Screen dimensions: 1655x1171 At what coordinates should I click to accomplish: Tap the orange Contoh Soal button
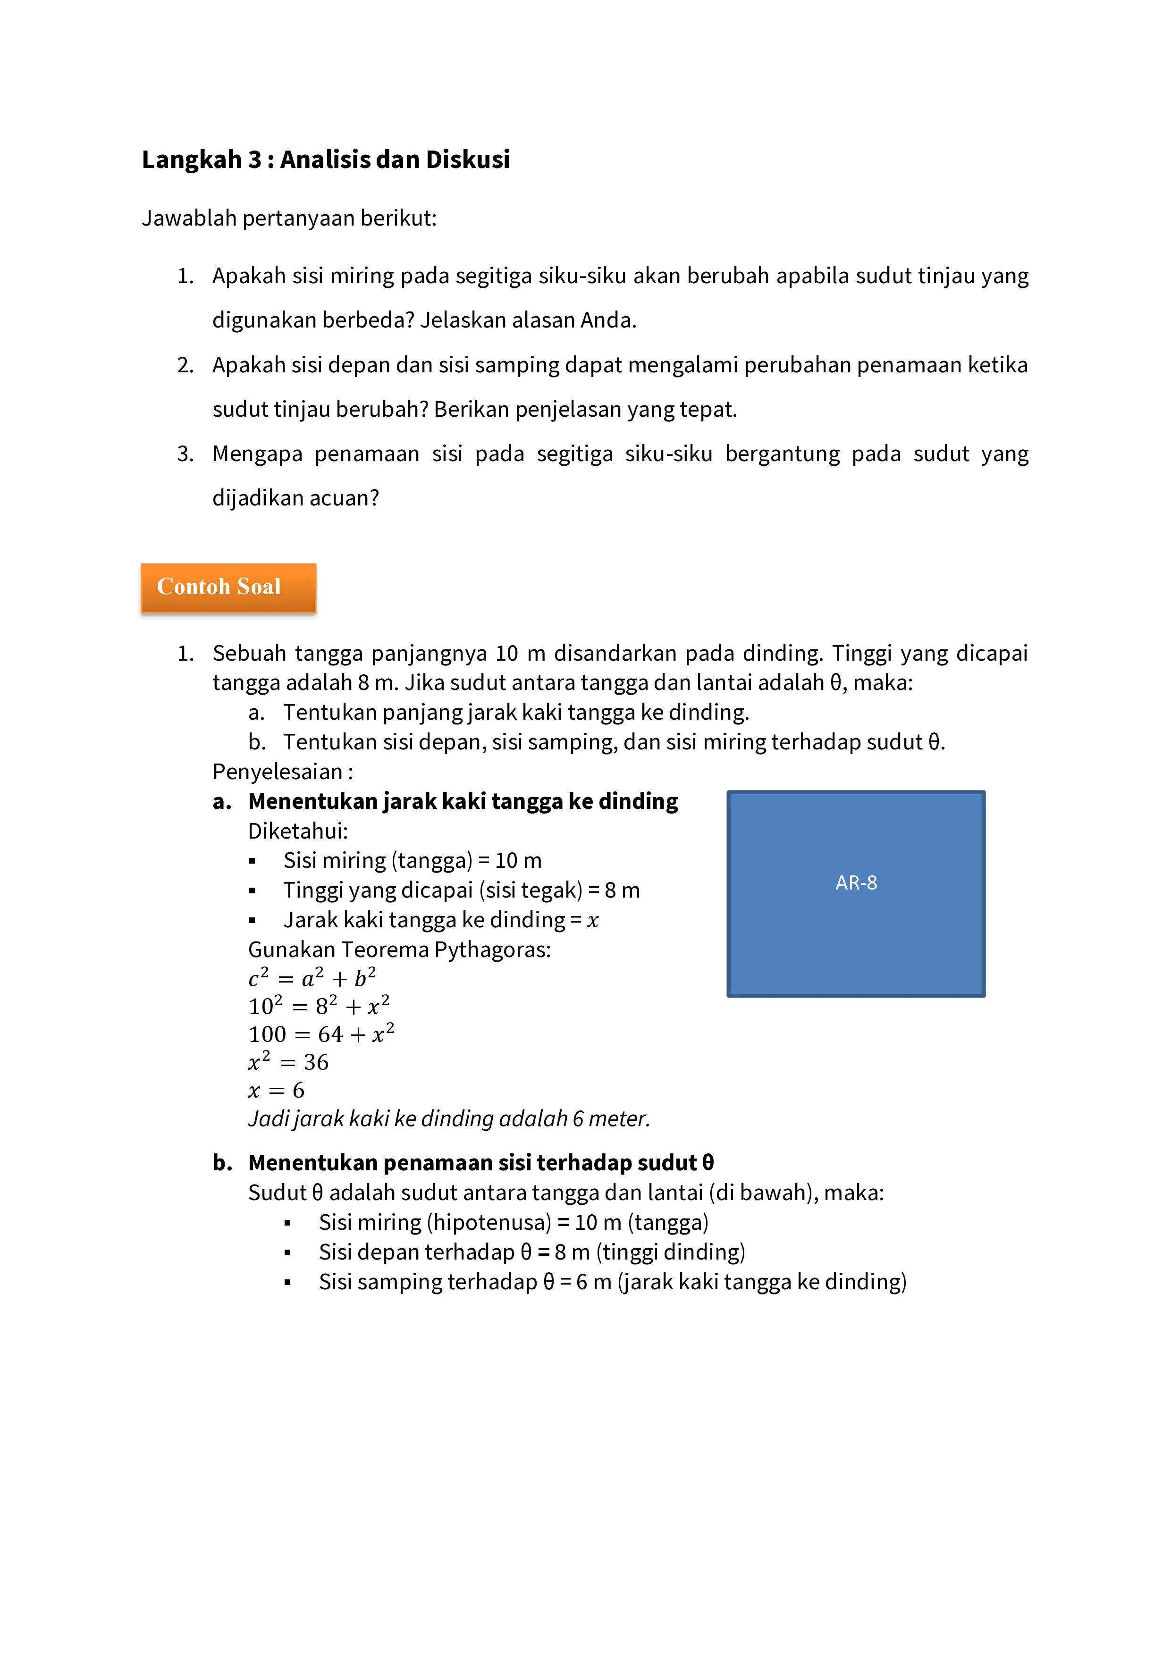228,588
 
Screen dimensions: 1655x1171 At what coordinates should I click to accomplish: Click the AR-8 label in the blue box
856,883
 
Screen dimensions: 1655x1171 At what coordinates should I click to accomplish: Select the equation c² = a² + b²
312,978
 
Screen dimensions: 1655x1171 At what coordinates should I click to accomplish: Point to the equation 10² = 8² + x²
319,1006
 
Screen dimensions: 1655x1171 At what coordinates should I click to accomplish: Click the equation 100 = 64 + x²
321,1034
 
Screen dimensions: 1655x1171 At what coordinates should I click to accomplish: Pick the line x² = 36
288,1062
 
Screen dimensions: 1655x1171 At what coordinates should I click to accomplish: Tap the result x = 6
276,1091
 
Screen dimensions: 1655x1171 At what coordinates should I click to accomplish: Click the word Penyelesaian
278,772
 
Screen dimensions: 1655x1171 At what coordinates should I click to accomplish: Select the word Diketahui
296,831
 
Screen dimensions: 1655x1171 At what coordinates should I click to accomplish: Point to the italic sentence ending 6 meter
448,1119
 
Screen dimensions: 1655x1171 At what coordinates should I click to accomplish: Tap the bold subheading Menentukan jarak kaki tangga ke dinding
463,802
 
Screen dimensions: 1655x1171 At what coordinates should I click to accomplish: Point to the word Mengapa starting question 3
257,454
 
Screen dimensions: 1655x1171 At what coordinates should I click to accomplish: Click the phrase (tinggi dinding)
671,1252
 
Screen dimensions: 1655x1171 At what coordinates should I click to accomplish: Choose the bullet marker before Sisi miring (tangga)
253,861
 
